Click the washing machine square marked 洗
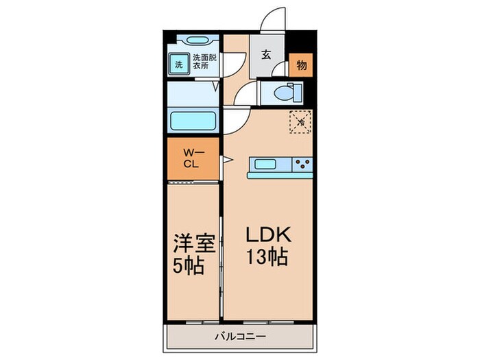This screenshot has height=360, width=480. pos(178,65)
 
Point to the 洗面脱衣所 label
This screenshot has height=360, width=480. pos(204,62)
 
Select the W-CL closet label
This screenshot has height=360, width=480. pos(191,159)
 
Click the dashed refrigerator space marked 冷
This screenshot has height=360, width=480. pos(300,122)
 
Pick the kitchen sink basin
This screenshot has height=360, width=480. pos(265,164)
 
